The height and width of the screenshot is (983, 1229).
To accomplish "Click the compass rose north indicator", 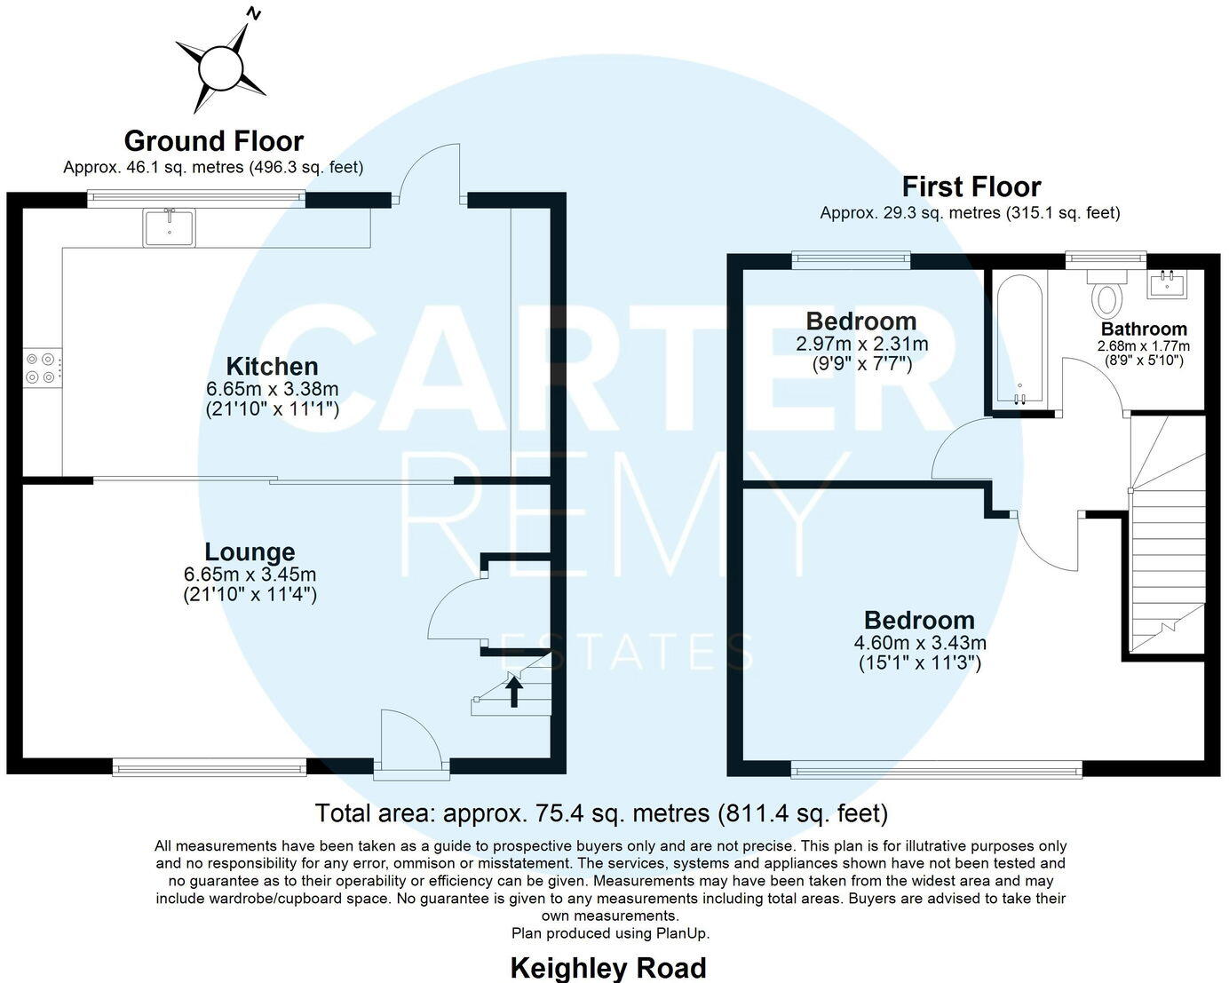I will pos(254,14).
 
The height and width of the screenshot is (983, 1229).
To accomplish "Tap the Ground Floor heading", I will pos(213,141).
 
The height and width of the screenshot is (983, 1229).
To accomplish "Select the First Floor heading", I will pos(971,187).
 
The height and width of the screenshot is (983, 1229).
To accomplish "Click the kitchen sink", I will pos(169,226).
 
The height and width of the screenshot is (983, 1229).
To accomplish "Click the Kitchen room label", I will pos(272,367).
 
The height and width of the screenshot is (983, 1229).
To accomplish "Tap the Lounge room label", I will pos(250,552).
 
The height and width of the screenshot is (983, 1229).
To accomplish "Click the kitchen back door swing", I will pos(428,173).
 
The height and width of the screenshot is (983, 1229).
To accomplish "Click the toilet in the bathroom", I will pos(1106,296).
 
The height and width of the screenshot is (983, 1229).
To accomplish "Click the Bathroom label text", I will pos(1144,329).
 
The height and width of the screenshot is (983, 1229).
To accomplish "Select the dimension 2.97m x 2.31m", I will pos(862,344).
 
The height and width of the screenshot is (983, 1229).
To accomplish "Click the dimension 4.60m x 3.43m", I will pos(920,643).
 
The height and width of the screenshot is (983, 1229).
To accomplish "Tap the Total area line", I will pos(601,813).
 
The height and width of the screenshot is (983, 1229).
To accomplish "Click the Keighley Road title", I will pos(608,967).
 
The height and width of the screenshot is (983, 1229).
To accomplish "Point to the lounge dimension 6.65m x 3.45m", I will pos(250,575).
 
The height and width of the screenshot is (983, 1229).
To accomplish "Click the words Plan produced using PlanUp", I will pos(610,933).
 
